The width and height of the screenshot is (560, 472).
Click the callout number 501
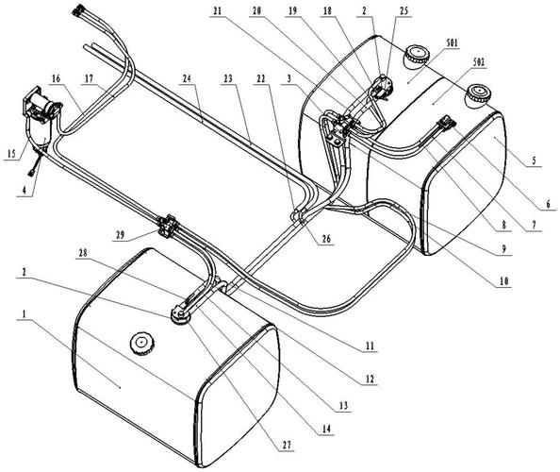pos(452,43)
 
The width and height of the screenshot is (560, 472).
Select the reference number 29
pos(120,235)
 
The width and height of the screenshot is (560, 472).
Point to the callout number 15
pos(11,154)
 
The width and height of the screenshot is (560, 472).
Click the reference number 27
pos(287,445)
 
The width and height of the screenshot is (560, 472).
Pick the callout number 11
pos(370,346)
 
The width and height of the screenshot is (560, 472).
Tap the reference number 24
pos(187,78)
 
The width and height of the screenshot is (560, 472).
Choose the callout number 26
pos(326,239)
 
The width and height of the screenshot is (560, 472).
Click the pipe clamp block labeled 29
pos(167,227)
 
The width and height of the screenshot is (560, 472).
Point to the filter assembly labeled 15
pos(41,118)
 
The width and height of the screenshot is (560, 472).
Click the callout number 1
pos(24,314)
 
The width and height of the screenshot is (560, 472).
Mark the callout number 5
pos(535,160)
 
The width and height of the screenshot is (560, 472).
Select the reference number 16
pos(56,78)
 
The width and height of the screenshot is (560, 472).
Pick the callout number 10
pos(504,281)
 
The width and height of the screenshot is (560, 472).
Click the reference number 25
pos(404,10)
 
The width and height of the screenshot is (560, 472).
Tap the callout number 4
pos(25,191)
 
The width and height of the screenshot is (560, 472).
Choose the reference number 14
pos(326,429)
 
